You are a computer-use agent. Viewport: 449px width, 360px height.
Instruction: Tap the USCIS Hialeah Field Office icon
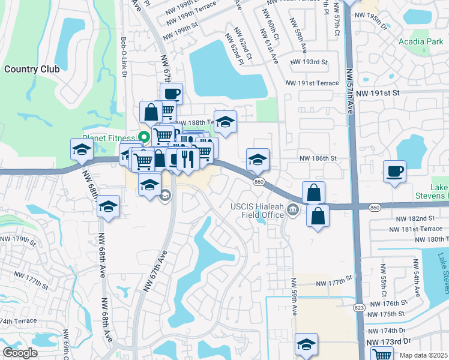click(x=293, y=209)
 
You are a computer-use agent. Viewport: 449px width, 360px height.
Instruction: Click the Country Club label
click(x=32, y=68)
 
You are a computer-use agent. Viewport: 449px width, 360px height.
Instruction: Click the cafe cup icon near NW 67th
click(x=171, y=94)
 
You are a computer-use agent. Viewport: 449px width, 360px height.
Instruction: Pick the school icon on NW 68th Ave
click(x=109, y=207)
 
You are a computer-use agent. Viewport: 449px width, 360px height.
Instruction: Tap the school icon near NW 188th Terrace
click(x=225, y=121)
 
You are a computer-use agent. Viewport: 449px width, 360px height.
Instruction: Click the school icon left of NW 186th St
click(x=258, y=159)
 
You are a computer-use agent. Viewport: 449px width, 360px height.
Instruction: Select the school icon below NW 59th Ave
click(x=306, y=344)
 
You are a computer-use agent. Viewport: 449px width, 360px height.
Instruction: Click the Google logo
click(x=20, y=353)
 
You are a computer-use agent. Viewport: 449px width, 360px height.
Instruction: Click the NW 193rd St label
click(x=309, y=62)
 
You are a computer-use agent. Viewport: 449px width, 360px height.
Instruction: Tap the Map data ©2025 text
click(x=423, y=355)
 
